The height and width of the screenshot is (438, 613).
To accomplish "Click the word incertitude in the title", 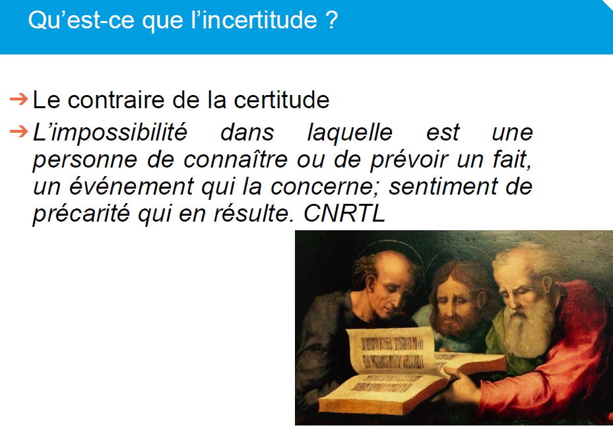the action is click(x=259, y=20).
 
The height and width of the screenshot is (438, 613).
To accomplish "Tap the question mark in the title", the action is click(x=331, y=20).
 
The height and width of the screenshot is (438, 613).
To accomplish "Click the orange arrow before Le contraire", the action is click(x=18, y=99).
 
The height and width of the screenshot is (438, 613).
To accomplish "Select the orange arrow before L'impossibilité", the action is click(x=18, y=132).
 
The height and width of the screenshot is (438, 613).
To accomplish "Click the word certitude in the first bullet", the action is click(x=282, y=100).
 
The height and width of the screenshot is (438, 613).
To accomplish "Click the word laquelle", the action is click(x=350, y=133).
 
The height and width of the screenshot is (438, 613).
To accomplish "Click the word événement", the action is click(x=132, y=187).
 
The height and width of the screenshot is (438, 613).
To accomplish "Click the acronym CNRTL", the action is click(x=344, y=213).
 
